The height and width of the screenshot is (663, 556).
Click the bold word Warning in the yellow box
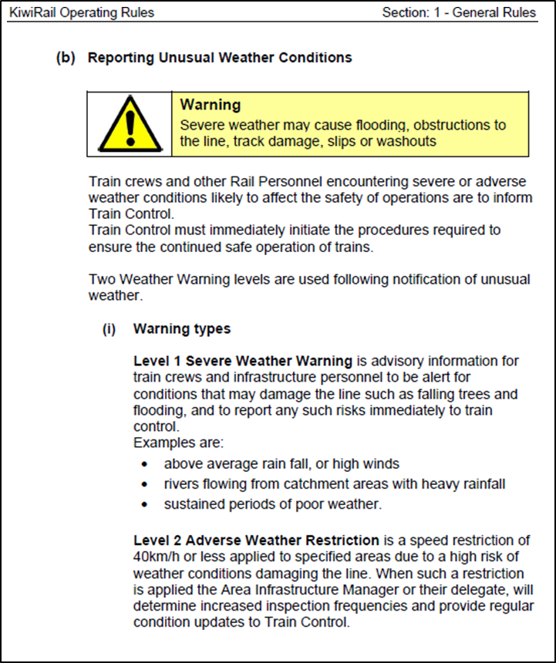(211, 105)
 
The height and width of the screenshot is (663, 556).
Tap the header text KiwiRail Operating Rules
(82, 12)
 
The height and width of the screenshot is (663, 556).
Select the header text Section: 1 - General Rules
(459, 12)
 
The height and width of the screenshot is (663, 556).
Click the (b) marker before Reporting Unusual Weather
(66, 58)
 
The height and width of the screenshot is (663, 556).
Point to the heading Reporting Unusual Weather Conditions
(220, 58)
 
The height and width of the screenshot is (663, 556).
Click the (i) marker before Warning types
(109, 329)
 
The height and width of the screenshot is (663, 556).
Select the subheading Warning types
(182, 329)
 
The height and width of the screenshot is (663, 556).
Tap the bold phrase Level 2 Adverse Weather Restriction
(256, 540)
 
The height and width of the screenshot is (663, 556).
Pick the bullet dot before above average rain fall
(146, 465)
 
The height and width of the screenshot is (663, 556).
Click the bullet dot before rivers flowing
(146, 485)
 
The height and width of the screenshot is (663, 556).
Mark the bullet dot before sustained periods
(146, 505)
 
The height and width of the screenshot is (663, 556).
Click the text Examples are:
(178, 443)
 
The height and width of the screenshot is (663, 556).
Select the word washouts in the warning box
(406, 141)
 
